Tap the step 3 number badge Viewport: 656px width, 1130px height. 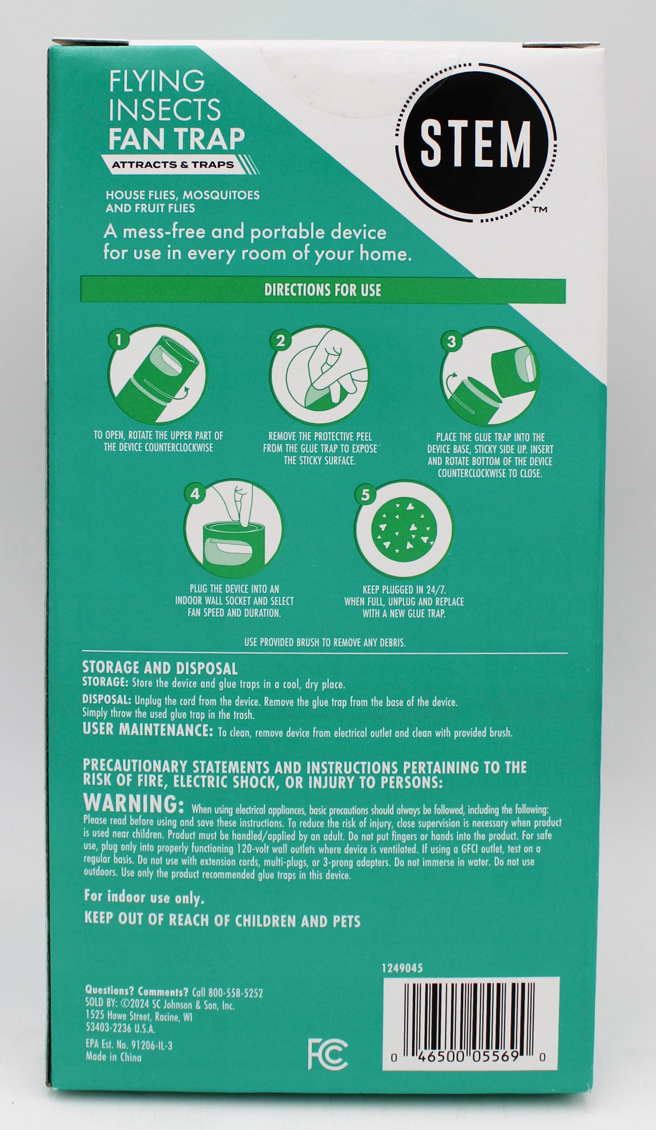451,342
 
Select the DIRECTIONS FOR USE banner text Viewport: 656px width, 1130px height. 323,290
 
